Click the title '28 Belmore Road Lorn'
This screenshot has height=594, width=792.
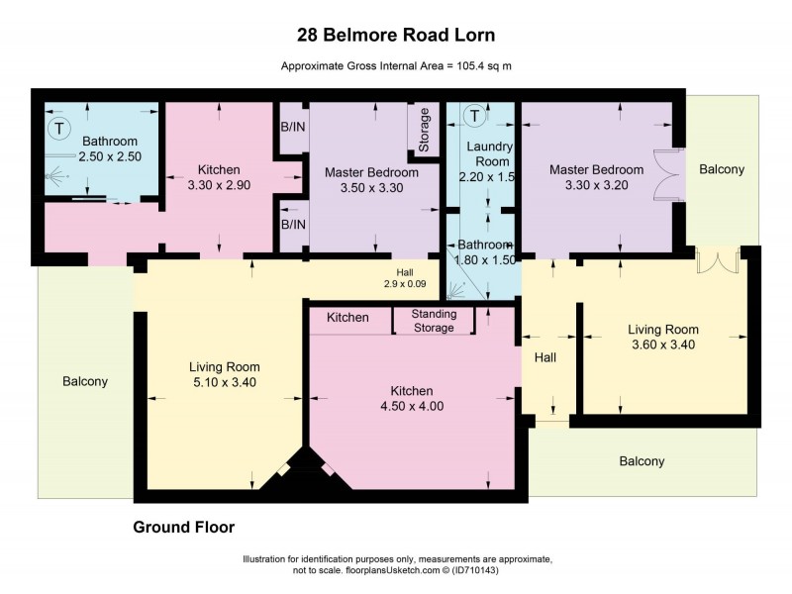point(396,34)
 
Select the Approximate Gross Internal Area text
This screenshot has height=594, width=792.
point(396,66)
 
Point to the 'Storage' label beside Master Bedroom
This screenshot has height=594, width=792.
point(424,130)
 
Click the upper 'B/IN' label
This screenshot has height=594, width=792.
point(293,127)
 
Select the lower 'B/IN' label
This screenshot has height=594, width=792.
point(293,224)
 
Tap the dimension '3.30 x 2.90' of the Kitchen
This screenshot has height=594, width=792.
point(221,184)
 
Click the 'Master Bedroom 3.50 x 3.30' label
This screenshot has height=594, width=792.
point(371,179)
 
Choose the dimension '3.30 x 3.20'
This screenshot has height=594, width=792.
point(597,184)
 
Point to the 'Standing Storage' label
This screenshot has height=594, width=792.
point(434,321)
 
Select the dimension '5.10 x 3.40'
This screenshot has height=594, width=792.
point(224,382)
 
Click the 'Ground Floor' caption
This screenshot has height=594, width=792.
point(183,527)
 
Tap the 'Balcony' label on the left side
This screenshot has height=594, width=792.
point(84,381)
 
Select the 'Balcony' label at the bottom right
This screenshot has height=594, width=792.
point(642,461)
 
